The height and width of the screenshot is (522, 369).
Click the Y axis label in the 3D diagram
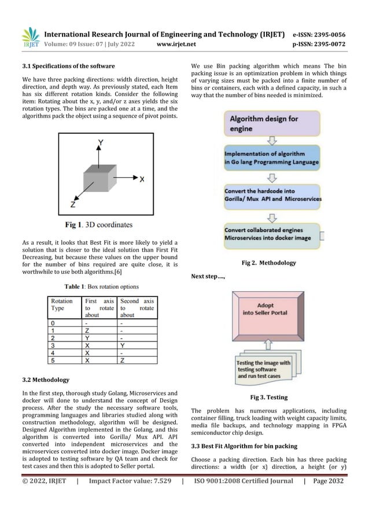pyautogui.click(x=101, y=141)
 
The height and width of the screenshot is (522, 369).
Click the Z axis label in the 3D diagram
pyautogui.click(x=72, y=204)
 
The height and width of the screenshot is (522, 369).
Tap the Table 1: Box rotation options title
pyautogui.click(x=101, y=285)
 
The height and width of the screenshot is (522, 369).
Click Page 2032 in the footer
pyautogui.click(x=327, y=481)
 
